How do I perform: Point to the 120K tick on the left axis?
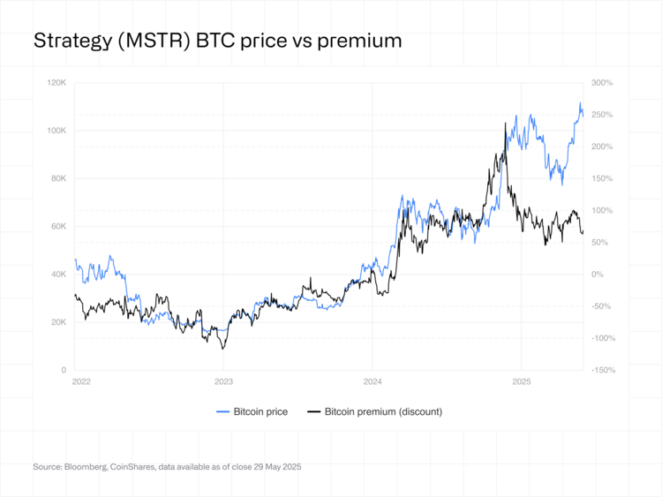(57, 83)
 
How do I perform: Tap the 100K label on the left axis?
(57, 131)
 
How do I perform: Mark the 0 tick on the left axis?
(64, 370)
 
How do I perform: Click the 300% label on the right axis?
(602, 83)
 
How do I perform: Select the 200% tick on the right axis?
(602, 147)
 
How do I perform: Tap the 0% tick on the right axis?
(598, 275)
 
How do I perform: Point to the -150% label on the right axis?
(603, 370)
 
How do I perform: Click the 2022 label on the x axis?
(80, 383)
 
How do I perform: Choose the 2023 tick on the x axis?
(223, 383)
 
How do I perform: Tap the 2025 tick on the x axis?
(521, 383)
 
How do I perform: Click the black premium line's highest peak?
(505, 124)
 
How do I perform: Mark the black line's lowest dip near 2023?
(222, 349)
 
